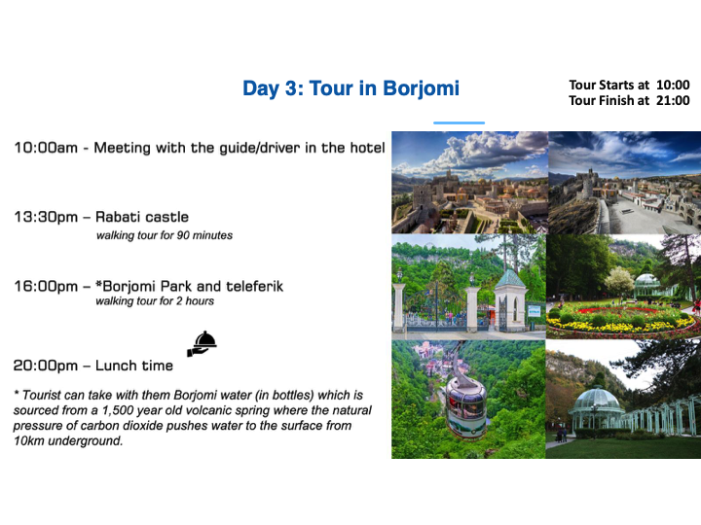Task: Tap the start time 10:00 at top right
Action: click(673, 85)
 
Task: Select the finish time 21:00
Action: click(673, 100)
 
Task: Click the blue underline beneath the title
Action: click(459, 122)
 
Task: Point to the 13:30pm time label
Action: click(46, 218)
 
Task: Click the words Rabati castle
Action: click(142, 217)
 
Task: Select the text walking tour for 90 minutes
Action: click(165, 235)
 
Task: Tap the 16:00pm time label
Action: click(46, 286)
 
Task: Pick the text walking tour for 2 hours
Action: click(155, 300)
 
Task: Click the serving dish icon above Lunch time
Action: click(203, 344)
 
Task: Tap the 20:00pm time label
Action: click(46, 366)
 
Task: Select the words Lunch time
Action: click(134, 366)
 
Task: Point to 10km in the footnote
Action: click(29, 441)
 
